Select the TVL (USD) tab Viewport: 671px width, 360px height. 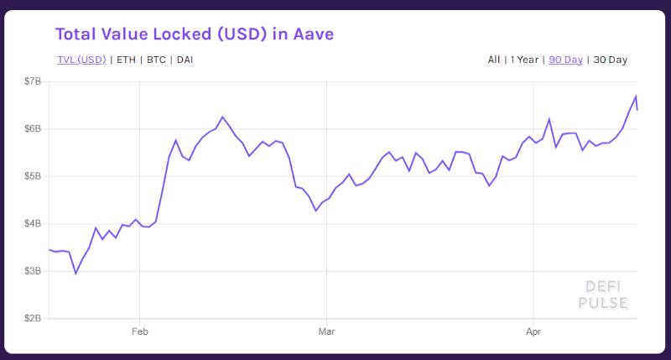click(81, 60)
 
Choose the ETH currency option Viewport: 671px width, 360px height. click(126, 60)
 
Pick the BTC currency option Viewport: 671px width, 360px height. click(156, 60)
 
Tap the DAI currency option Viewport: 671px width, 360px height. click(185, 60)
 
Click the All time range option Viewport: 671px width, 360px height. click(494, 60)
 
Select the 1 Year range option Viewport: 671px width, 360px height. click(524, 60)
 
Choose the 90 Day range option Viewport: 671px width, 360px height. click(565, 60)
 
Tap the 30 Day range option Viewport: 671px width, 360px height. click(610, 60)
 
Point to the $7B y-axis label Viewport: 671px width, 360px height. click(33, 81)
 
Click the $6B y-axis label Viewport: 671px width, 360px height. click(33, 129)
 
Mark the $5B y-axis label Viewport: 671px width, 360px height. click(33, 176)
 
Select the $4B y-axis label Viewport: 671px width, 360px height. click(33, 224)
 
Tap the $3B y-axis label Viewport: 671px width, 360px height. click(33, 271)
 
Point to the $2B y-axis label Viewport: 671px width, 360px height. click(33, 319)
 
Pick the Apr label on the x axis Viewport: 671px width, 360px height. click(533, 332)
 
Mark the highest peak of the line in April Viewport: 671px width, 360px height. click(636, 96)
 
